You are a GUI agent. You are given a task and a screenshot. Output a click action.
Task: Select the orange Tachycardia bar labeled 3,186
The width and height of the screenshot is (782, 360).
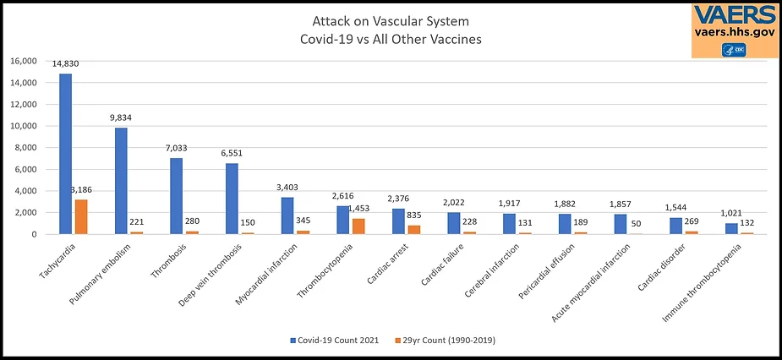(x=81, y=216)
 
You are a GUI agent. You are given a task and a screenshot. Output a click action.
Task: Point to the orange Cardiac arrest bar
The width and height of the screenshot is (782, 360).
(x=414, y=229)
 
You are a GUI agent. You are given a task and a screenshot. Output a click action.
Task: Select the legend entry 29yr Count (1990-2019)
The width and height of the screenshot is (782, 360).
(x=449, y=340)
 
